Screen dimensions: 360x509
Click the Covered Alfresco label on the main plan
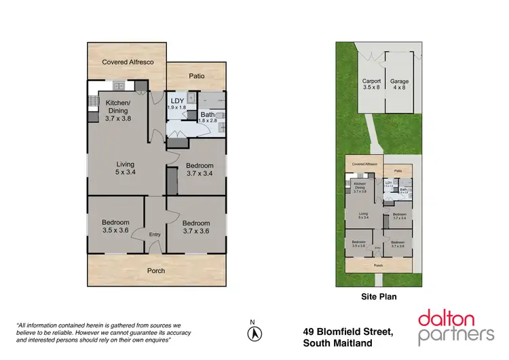[128, 62]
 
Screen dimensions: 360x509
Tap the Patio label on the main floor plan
[197, 77]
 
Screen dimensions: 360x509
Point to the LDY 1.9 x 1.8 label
[176, 103]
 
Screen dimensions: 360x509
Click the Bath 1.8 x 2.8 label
[206, 117]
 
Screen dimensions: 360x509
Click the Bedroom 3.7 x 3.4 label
[199, 170]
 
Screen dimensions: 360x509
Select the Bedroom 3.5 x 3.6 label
[115, 226]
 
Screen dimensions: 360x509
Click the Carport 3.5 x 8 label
[371, 84]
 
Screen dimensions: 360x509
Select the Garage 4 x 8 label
[399, 84]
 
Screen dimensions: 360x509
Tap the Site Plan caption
[378, 297]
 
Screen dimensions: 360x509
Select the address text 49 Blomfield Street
[347, 331]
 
